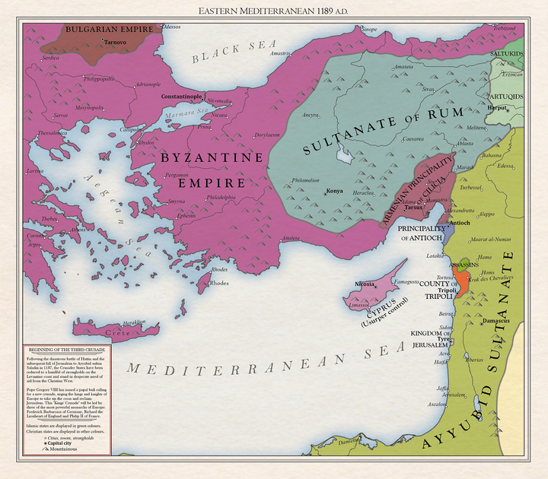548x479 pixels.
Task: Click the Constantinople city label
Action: pyautogui.click(x=181, y=97)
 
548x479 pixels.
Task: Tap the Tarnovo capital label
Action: pyautogui.click(x=116, y=42)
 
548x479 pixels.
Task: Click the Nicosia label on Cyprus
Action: pyautogui.click(x=364, y=284)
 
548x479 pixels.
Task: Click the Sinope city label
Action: pyautogui.click(x=368, y=29)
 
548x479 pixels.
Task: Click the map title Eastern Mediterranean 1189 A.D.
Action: pyautogui.click(x=273, y=11)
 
